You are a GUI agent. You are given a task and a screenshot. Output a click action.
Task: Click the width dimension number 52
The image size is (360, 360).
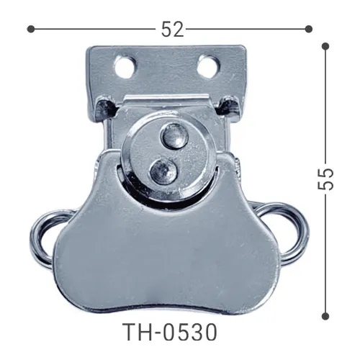(172, 30)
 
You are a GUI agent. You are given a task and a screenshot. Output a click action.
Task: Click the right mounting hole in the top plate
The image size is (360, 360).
(208, 67)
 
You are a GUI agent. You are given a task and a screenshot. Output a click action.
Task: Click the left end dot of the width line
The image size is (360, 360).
(30, 29)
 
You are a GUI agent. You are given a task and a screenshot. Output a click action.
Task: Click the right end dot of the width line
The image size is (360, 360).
(309, 29)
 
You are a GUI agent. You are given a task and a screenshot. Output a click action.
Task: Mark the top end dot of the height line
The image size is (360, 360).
(325, 46)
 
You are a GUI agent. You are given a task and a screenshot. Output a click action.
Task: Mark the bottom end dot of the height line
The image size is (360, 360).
(325, 314)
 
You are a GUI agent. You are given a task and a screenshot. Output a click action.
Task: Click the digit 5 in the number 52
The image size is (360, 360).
(166, 30)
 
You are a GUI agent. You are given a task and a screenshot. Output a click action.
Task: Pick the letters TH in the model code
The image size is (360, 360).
(138, 333)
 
